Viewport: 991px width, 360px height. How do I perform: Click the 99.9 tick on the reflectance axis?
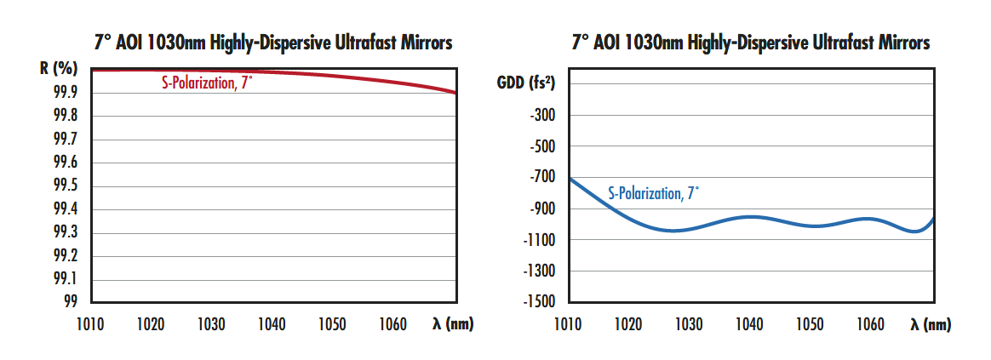coord(67,92)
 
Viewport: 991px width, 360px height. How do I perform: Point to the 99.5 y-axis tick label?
coord(67,186)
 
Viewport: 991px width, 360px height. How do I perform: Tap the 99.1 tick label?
coord(67,278)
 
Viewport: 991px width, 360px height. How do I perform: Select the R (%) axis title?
coord(64,68)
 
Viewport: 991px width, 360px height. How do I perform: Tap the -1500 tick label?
coord(539,302)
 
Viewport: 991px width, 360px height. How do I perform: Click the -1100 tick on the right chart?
coord(539,240)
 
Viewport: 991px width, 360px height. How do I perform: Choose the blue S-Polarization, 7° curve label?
coord(661,194)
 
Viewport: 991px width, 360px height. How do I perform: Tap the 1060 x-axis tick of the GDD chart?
coord(871,323)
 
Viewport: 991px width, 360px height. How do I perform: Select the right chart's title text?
coord(750,42)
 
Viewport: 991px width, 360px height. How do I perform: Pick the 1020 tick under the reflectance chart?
coord(152,323)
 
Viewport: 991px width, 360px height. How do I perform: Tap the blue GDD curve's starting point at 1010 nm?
coord(570,178)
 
